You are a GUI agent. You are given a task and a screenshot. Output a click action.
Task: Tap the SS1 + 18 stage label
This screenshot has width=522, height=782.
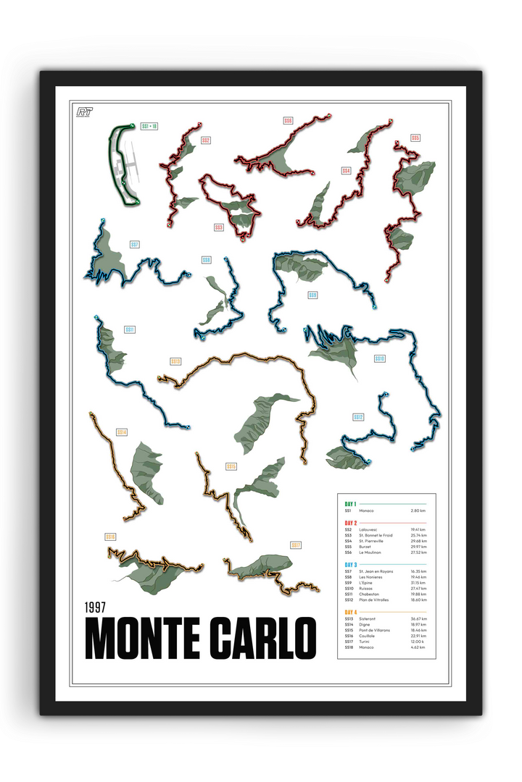pos(149,127)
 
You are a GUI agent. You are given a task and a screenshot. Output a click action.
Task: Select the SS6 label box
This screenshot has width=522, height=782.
pos(289,121)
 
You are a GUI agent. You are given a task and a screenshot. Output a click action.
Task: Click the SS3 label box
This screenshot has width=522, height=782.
pos(218,227)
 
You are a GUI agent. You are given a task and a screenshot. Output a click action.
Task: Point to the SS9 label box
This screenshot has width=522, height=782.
pos(312,295)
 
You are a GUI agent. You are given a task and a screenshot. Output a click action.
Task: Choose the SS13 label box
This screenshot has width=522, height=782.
pos(175,361)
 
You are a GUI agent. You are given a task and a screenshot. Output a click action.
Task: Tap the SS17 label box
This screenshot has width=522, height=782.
pos(296,545)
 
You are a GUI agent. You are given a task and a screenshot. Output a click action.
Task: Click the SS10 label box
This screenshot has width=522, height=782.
pos(379,358)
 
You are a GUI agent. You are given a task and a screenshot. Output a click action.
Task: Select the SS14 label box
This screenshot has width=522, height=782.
pos(122,432)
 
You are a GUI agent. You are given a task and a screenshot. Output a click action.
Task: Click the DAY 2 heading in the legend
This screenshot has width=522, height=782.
pos(351,522)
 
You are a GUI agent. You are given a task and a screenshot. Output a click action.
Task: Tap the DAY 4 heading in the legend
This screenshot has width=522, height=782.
pos(351,613)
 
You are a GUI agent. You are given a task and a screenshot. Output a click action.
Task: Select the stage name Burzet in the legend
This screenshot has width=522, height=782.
pos(365,547)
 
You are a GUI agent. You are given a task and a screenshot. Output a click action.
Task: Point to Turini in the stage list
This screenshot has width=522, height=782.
pos(365,642)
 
